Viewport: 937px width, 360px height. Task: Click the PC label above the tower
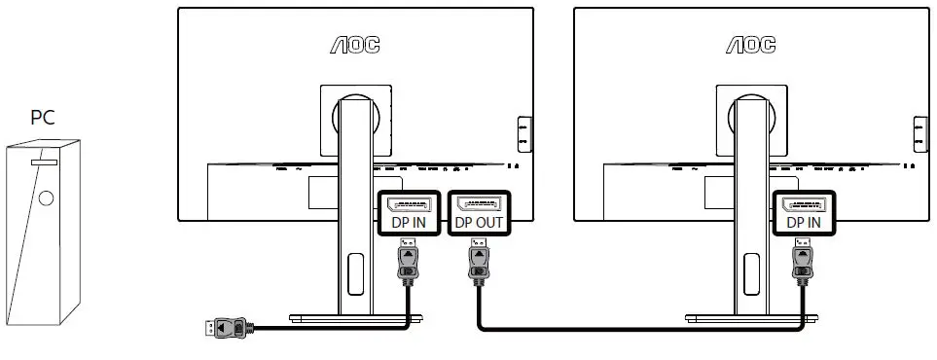click(42, 118)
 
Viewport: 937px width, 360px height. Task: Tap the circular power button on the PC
click(47, 197)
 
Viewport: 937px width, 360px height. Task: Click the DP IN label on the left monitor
click(409, 222)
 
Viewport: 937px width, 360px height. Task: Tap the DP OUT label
click(479, 222)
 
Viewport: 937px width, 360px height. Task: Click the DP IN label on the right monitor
click(803, 222)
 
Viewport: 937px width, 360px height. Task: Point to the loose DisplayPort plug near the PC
click(226, 329)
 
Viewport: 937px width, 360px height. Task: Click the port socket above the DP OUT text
click(479, 204)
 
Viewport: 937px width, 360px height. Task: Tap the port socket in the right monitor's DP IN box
click(803, 204)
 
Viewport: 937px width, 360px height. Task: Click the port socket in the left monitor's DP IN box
click(409, 204)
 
